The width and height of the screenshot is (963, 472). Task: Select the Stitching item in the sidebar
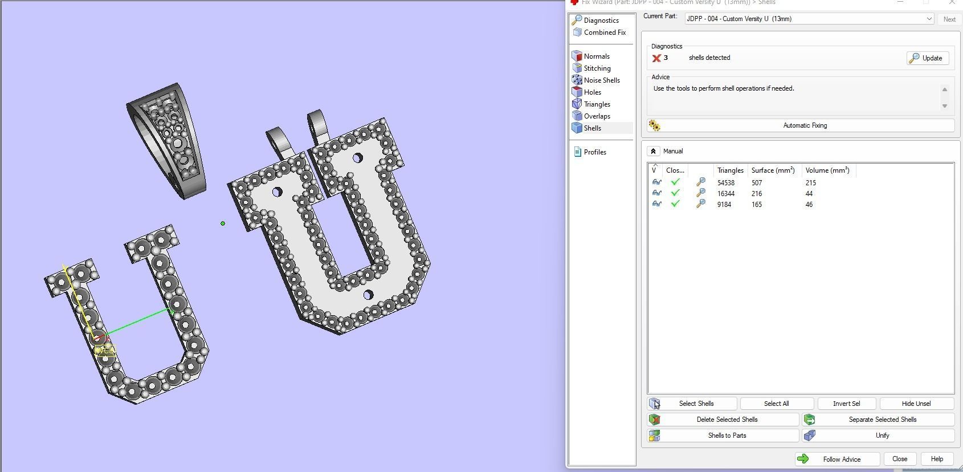point(597,68)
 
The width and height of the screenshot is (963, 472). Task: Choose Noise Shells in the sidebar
point(601,80)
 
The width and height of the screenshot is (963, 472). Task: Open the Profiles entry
point(594,152)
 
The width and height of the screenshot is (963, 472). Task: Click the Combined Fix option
point(604,32)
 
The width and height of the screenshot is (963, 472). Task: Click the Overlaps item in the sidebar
point(597,116)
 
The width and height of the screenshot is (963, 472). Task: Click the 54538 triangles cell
point(725,183)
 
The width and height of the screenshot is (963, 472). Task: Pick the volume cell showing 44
point(809,194)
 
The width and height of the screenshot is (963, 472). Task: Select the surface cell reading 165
point(756,205)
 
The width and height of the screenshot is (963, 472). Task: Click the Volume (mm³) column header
point(827,170)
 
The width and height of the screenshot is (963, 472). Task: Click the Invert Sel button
point(846,404)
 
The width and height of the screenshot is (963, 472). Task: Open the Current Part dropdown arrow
point(929,19)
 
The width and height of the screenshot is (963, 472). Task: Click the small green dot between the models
point(223,223)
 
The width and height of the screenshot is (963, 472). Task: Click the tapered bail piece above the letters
point(168,140)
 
